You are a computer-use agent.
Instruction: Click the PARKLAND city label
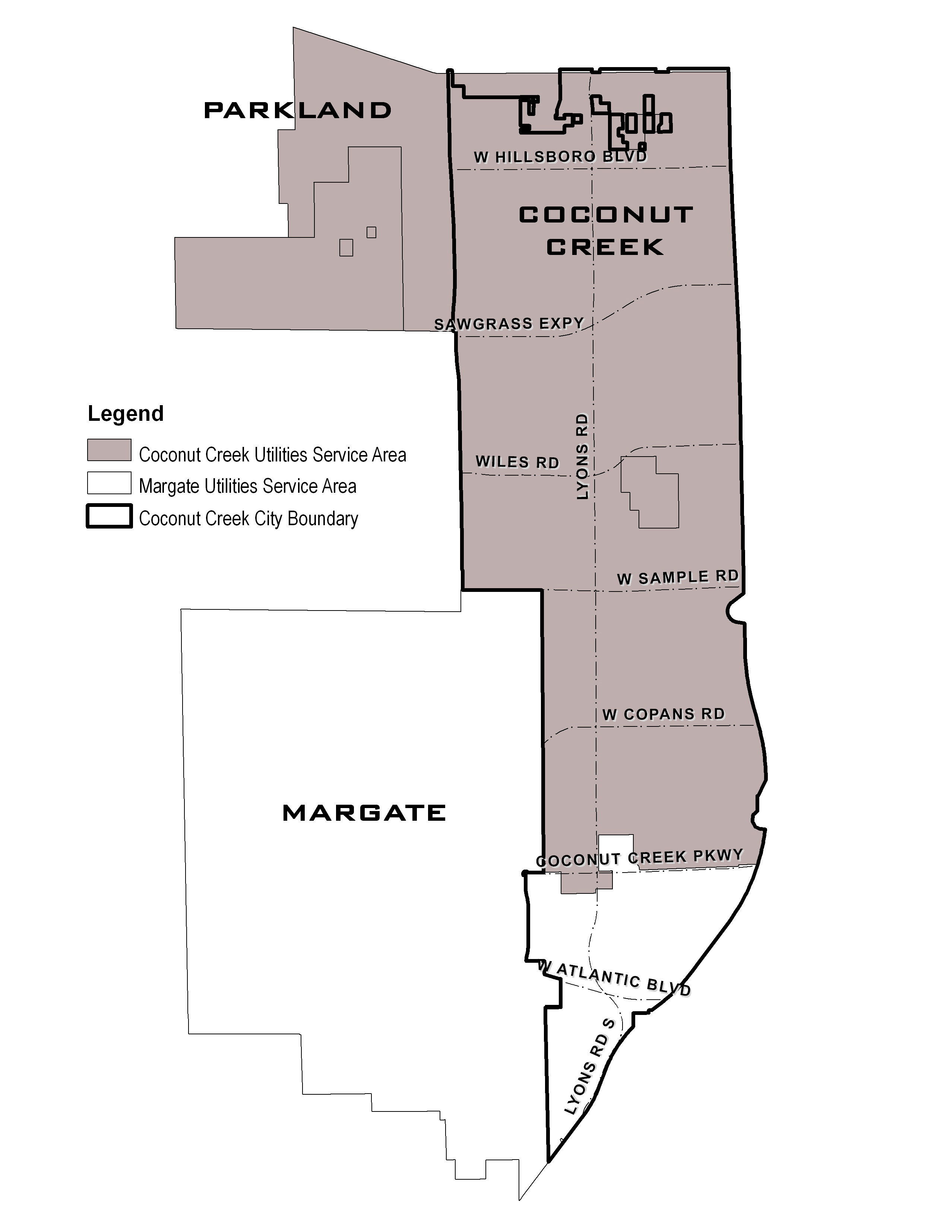tap(297, 110)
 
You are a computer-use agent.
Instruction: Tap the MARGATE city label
tap(364, 813)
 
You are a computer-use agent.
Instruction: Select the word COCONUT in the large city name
tap(605, 215)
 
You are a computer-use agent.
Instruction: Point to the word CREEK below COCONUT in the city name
tap(605, 247)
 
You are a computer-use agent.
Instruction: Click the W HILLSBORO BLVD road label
tap(560, 157)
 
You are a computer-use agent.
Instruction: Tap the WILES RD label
tap(517, 462)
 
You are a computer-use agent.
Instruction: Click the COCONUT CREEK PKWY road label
tap(639, 858)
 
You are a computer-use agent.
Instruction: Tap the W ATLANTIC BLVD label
tap(614, 978)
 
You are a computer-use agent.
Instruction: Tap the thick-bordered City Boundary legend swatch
tap(109, 516)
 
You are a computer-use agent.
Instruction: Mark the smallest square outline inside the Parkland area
tap(371, 232)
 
